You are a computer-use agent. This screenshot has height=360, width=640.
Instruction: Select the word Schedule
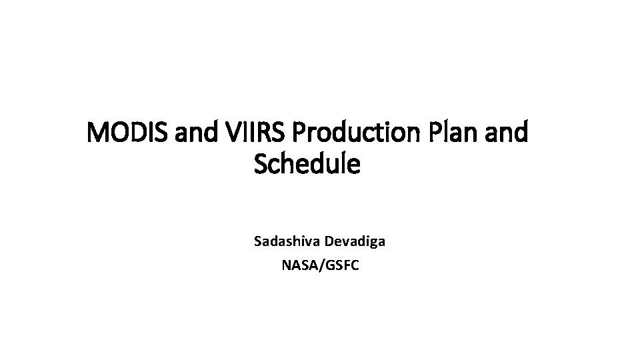tap(307, 163)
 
